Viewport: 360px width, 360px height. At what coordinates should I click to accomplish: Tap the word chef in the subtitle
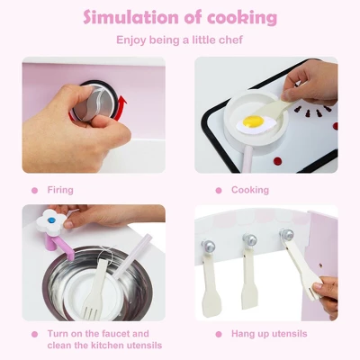(x=229, y=40)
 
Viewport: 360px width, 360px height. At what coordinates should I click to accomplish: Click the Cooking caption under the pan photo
(x=249, y=190)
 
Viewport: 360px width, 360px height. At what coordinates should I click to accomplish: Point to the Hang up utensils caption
(x=269, y=334)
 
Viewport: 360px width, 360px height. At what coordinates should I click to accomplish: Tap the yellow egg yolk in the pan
(x=254, y=121)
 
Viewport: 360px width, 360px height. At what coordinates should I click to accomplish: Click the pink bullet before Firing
(x=34, y=190)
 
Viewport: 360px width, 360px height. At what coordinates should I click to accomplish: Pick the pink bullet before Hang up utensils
(x=219, y=334)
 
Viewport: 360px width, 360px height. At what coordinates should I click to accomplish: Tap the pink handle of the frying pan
(x=244, y=157)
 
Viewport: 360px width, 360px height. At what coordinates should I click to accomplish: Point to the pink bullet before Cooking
(x=219, y=190)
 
